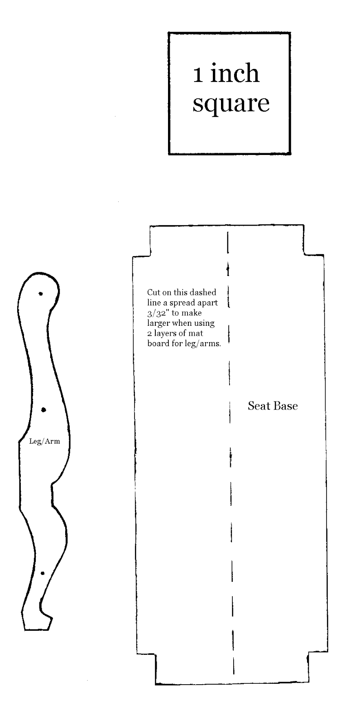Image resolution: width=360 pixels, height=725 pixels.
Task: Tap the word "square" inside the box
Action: tap(231, 103)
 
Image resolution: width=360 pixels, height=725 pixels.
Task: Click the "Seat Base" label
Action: tap(273, 406)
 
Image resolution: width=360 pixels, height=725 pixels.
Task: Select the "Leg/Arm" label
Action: tap(44, 441)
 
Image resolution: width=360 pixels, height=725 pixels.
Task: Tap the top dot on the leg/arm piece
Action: tap(41, 294)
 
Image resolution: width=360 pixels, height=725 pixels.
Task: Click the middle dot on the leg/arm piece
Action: tap(43, 410)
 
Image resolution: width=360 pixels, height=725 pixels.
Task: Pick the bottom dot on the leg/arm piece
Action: tap(43, 573)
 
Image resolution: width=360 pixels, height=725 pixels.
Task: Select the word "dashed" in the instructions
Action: tap(205, 292)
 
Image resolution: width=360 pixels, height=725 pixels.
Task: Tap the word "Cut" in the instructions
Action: tap(153, 292)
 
